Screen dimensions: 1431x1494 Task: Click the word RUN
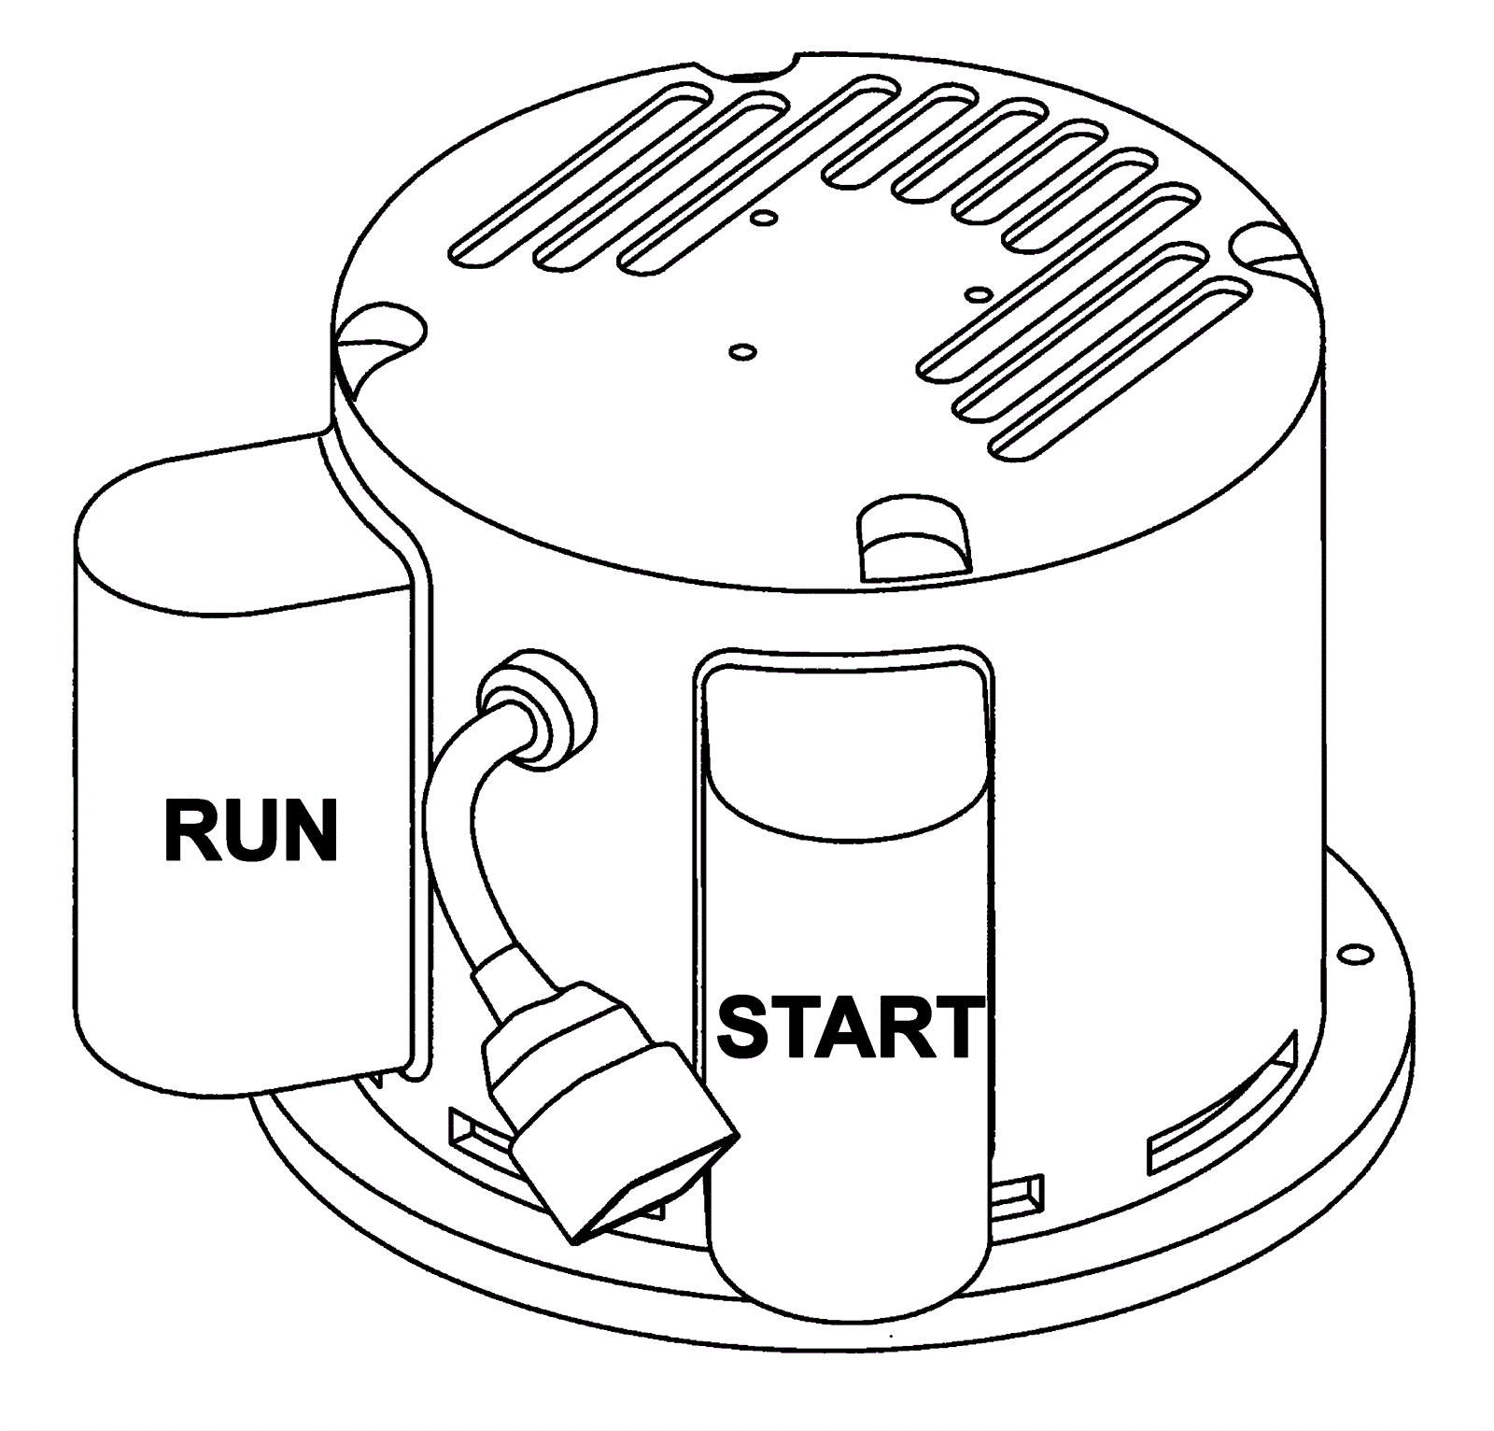(x=250, y=829)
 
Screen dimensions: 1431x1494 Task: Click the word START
(x=851, y=1027)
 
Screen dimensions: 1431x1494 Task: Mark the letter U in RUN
(x=248, y=829)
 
